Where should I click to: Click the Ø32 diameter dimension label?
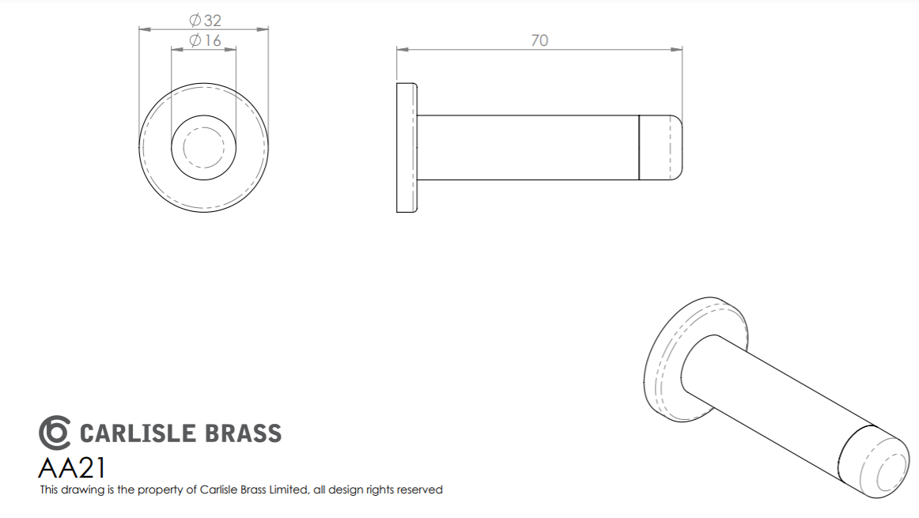coord(205,21)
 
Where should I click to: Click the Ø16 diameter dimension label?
coord(205,40)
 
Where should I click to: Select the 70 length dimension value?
coord(539,40)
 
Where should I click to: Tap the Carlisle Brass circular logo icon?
coord(55,433)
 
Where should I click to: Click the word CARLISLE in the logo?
coord(137,433)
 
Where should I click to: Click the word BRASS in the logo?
coord(244,433)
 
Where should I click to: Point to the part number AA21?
coord(72,468)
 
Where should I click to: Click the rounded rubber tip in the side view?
coord(660,148)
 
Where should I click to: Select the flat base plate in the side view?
coord(407,148)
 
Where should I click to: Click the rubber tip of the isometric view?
coord(873,462)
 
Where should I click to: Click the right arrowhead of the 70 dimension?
coord(678,50)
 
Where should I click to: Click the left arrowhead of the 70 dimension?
coord(402,50)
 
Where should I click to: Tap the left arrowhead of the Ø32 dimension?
coord(144,28)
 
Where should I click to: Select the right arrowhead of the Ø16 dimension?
coord(231,49)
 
